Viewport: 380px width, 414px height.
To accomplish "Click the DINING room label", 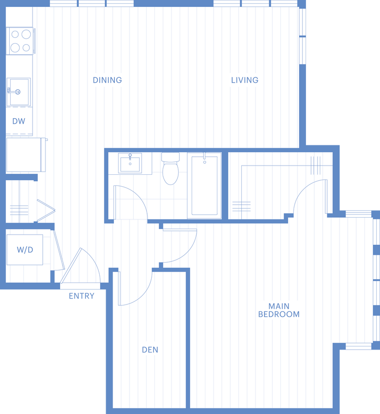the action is tap(108, 80).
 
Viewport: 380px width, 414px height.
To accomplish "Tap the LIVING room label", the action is tap(245, 80).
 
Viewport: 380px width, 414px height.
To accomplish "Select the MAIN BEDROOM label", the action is tap(279, 310).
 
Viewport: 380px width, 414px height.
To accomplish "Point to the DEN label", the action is tap(150, 350).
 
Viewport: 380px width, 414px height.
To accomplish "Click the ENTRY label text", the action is tap(81, 296).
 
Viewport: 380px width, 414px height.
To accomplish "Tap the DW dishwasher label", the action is tap(19, 121).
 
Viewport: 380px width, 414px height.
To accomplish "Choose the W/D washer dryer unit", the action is tap(25, 250).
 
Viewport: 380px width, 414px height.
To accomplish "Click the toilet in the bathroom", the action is tap(170, 168).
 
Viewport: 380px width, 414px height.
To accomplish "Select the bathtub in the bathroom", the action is tap(204, 186).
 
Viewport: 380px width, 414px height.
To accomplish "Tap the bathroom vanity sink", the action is tap(130, 163).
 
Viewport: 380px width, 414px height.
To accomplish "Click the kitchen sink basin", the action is tap(19, 92).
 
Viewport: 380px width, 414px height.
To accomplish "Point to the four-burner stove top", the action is tap(20, 41).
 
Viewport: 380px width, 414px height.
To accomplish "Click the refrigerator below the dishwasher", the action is tap(26, 155).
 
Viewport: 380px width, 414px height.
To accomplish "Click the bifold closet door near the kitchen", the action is tap(46, 210).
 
